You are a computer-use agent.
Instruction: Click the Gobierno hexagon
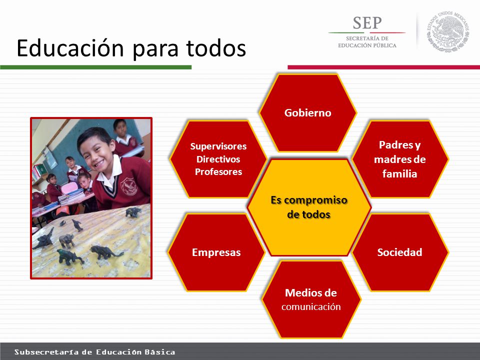coord(308,112)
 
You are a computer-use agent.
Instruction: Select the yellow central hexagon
coord(309,207)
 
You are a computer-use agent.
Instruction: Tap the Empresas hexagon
coord(216,252)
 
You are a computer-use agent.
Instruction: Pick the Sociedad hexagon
coord(400,252)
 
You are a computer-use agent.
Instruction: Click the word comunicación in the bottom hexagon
coord(311,306)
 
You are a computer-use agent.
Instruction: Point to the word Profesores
coord(218,171)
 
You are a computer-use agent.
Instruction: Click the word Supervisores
coord(218,146)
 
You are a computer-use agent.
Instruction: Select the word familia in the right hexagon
coord(400,174)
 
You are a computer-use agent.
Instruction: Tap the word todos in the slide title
coord(216,48)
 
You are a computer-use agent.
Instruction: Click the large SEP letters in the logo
coord(367,23)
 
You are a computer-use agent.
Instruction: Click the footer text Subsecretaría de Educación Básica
coord(94,352)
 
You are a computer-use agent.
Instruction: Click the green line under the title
coord(96,67)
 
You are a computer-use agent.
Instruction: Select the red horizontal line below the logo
coord(384,67)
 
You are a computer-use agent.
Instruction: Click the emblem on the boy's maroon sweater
coord(129,186)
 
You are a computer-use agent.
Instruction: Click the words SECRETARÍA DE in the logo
coord(367,38)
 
